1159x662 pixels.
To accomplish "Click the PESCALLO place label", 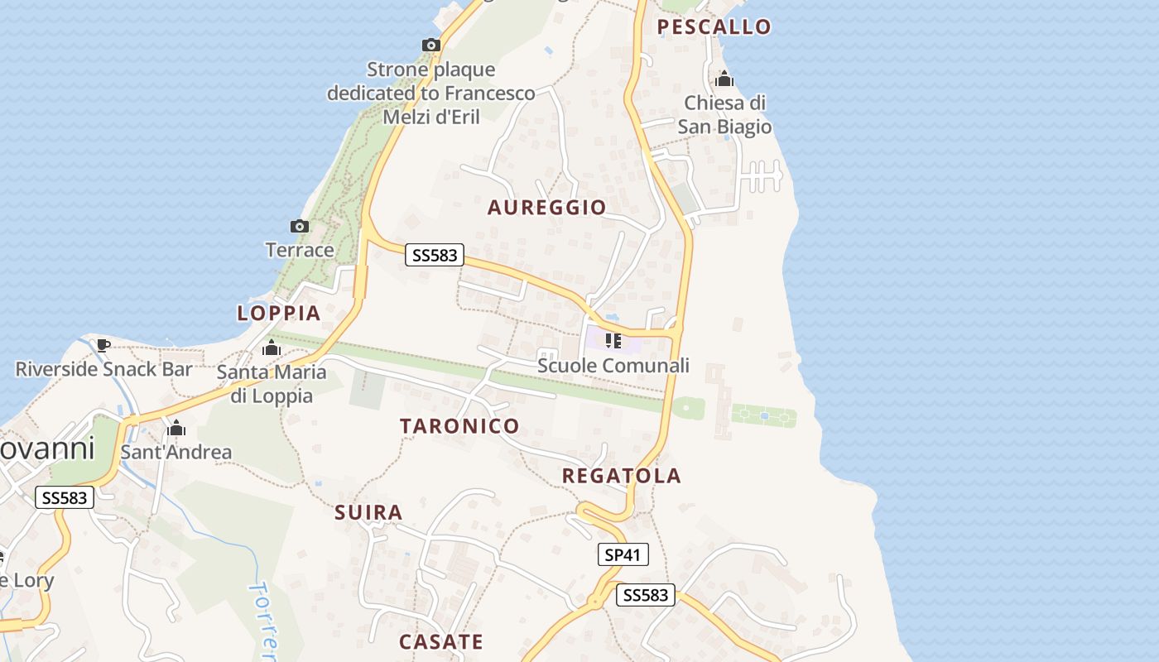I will [x=714, y=26].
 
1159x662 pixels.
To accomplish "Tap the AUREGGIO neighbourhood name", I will [x=546, y=207].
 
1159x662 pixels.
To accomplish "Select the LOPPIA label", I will [x=278, y=313].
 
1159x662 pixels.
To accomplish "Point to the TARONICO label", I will [x=459, y=426].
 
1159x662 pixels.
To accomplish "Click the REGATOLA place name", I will [x=621, y=476].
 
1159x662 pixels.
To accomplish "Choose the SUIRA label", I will [x=368, y=512].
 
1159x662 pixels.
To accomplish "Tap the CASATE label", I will [x=440, y=641].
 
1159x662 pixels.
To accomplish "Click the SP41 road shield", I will [x=623, y=554].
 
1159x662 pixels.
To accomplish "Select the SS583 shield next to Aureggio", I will [x=435, y=255].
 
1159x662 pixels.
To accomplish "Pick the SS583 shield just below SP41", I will [x=646, y=595].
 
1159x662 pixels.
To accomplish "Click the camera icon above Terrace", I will [x=299, y=226].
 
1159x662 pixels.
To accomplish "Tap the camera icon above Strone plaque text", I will [x=430, y=45].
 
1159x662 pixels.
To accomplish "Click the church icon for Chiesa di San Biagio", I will [x=724, y=79].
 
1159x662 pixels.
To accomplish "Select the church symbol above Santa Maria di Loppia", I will [x=271, y=348].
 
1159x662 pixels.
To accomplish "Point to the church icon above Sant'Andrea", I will [x=176, y=428].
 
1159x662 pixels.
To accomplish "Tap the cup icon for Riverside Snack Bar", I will [x=103, y=344].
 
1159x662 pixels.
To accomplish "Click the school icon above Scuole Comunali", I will [x=613, y=340].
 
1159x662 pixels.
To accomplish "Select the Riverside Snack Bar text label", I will [x=103, y=369].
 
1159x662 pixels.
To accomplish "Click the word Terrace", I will [x=300, y=250].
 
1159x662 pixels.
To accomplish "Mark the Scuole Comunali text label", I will [x=613, y=365].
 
